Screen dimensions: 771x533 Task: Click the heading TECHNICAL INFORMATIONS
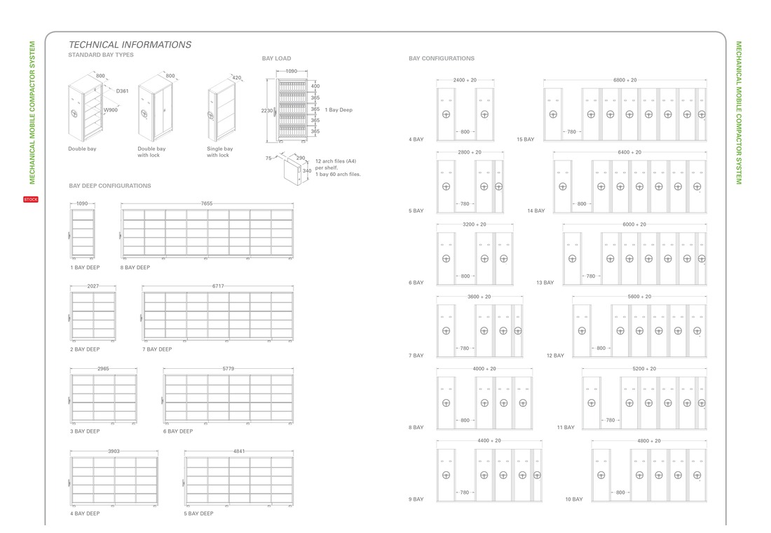(x=130, y=45)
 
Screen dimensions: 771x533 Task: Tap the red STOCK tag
(x=30, y=199)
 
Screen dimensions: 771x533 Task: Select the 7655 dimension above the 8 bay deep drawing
(x=207, y=203)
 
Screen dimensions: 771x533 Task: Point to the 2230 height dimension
(x=266, y=111)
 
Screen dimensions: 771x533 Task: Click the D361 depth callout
(x=123, y=91)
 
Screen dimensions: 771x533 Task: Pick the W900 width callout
(x=111, y=109)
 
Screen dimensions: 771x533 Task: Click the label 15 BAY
(x=525, y=140)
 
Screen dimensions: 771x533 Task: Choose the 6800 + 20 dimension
(x=625, y=80)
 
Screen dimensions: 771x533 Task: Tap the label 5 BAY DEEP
(x=198, y=513)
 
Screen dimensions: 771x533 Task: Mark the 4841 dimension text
(x=239, y=451)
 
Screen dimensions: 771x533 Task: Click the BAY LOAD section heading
(x=276, y=58)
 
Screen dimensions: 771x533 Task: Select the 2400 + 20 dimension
(x=465, y=80)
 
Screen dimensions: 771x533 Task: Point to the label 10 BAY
(x=574, y=499)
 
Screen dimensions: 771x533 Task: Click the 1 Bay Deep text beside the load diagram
(x=339, y=109)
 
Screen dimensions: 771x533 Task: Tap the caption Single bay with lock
(x=220, y=151)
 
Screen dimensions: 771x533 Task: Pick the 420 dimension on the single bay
(x=236, y=78)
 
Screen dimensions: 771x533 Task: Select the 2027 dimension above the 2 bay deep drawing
(x=93, y=286)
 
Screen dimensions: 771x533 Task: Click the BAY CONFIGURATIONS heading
(x=442, y=58)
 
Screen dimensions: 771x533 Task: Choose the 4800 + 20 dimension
(x=649, y=440)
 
